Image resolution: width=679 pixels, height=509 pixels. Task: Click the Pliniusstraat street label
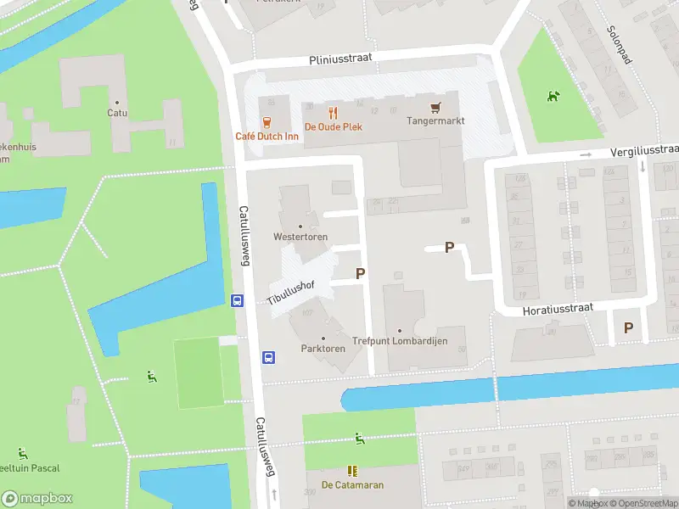[340, 59]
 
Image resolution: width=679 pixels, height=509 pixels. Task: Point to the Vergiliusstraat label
[644, 151]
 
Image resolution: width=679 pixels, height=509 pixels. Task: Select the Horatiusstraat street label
[549, 309]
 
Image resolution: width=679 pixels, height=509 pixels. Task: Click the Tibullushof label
[291, 292]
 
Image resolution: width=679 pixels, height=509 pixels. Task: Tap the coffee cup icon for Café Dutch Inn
[267, 121]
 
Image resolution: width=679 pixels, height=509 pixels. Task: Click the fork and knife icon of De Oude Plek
[333, 111]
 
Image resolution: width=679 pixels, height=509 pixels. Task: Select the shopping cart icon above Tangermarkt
[435, 107]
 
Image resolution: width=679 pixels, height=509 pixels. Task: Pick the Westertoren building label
[300, 237]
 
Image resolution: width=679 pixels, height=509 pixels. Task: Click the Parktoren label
[323, 349]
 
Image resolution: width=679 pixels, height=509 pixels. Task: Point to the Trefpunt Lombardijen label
[411, 341]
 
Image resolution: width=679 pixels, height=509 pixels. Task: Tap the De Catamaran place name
[352, 485]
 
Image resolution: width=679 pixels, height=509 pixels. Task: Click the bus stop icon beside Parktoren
[268, 357]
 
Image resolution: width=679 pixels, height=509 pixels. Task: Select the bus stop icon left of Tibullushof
[238, 300]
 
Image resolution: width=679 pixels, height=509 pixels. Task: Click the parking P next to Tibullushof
[360, 273]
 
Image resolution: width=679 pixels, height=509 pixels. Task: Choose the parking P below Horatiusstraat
[628, 327]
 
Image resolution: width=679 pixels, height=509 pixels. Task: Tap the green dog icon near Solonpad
[553, 96]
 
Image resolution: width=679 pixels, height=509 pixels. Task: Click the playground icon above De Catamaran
[360, 439]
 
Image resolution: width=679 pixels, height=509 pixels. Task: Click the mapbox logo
[37, 498]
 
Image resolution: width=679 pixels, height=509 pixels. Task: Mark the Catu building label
[117, 112]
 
